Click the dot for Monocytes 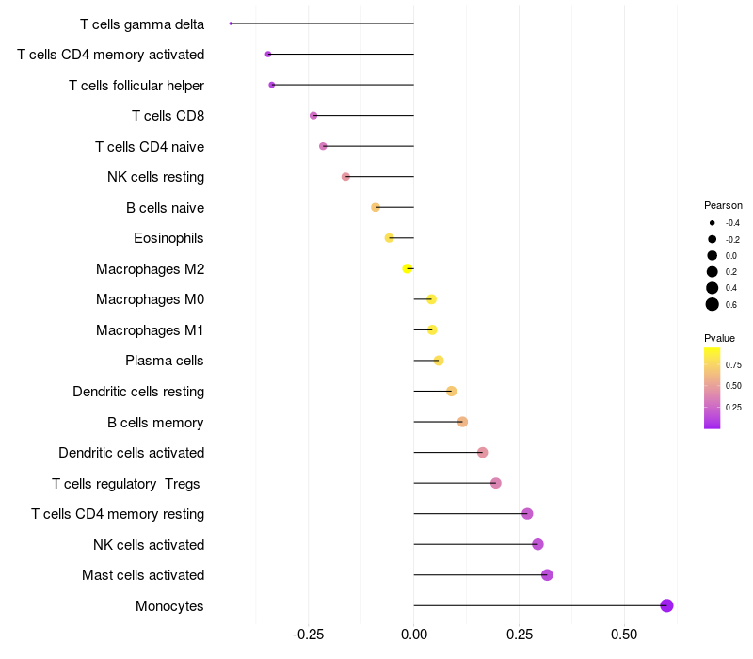coord(666,605)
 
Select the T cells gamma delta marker coord(231,24)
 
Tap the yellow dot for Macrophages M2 coord(408,268)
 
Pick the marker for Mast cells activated coord(547,575)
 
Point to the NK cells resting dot coord(345,177)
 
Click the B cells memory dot coord(462,422)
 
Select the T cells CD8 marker coord(313,115)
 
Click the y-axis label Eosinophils coord(168,238)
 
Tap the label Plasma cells coord(164,361)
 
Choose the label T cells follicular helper coord(136,86)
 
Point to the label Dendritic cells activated coord(132,453)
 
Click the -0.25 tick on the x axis coord(309,635)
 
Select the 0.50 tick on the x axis coord(624,635)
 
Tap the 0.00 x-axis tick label coord(413,635)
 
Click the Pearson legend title coord(723,205)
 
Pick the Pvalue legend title coord(719,338)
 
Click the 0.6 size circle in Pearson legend coord(713,304)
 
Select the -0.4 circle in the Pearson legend coord(713,223)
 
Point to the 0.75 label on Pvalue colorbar coord(733,365)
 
